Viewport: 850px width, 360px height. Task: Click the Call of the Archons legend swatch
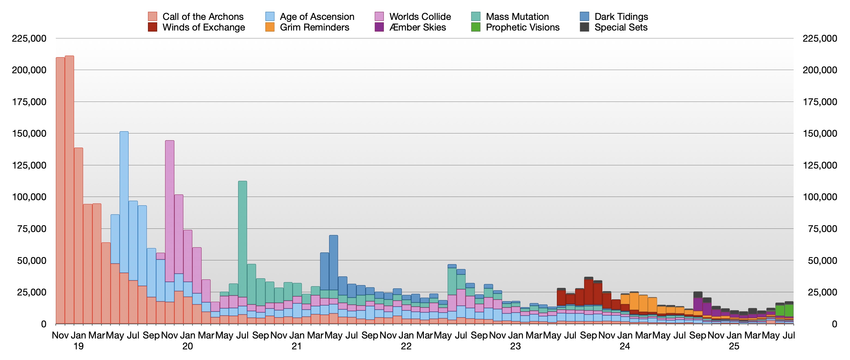coord(152,17)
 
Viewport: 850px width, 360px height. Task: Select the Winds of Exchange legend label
coord(204,28)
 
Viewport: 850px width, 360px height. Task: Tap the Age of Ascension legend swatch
coord(270,17)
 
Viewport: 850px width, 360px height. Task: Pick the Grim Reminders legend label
coord(314,28)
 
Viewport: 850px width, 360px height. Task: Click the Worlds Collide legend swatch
coord(379,17)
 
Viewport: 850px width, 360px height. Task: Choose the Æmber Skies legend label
coord(417,28)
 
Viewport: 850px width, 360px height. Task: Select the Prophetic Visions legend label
coord(523,28)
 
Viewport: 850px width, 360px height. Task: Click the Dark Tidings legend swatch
coord(584,17)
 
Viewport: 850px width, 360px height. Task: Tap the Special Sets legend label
coord(621,28)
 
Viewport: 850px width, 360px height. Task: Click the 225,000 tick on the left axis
coord(29,39)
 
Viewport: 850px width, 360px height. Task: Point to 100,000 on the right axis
coord(820,197)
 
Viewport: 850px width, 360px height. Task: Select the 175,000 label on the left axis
coord(29,102)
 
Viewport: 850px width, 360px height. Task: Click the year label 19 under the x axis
coord(78,346)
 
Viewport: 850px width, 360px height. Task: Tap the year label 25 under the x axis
coord(734,346)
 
